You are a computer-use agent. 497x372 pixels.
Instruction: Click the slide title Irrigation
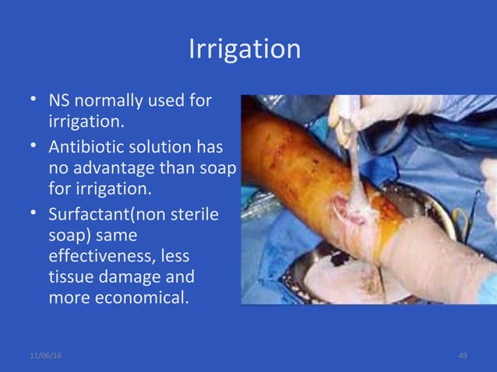245,49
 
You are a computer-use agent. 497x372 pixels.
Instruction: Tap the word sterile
196,212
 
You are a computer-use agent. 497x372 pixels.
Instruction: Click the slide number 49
463,355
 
